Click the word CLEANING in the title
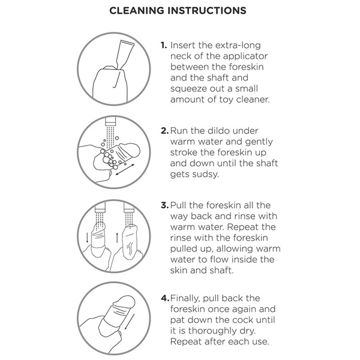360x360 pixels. pyautogui.click(x=137, y=11)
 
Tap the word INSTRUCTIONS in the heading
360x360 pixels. pyautogui.click(x=207, y=11)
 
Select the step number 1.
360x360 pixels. pyautogui.click(x=164, y=45)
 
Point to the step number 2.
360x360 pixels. pyautogui.click(x=164, y=131)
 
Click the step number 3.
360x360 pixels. pyautogui.click(x=164, y=205)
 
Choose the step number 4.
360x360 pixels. pyautogui.click(x=165, y=298)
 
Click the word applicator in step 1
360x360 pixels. pyautogui.click(x=245, y=57)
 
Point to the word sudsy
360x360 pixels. pyautogui.click(x=205, y=175)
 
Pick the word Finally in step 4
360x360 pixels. pyautogui.click(x=185, y=299)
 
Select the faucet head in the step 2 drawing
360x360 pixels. pyautogui.click(x=110, y=121)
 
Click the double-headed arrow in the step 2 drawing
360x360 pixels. pyautogui.click(x=125, y=169)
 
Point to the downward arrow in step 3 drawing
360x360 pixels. pyautogui.click(x=87, y=238)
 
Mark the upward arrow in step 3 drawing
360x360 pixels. pyautogui.click(x=117, y=238)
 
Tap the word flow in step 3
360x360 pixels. pyautogui.click(x=218, y=260)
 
